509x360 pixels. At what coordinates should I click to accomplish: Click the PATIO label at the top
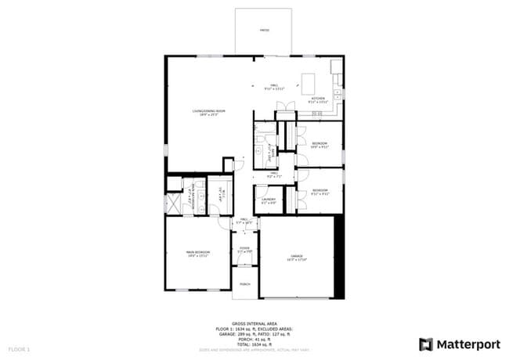coord(265,30)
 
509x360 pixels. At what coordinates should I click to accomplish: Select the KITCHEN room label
coord(319,99)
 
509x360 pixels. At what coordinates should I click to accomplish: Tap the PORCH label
coord(244,283)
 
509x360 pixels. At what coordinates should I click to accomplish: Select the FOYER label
coord(244,250)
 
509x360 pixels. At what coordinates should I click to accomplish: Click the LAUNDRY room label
coord(269,200)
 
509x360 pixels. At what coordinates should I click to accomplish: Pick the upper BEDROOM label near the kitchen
coord(319,145)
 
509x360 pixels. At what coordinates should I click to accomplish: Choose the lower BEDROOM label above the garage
coord(319,191)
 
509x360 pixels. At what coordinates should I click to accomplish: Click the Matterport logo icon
coord(426,344)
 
